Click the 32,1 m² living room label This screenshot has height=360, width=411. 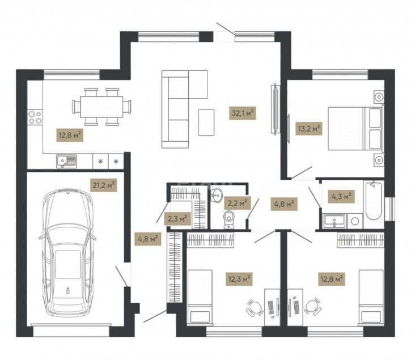click(243, 113)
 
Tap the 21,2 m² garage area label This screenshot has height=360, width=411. click(103, 185)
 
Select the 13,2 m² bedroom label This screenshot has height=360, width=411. click(309, 129)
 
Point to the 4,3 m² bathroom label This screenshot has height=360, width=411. click(341, 197)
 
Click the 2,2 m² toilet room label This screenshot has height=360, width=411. click(237, 203)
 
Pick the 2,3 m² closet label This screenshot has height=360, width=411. click(177, 219)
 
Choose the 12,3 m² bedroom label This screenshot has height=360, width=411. click(239, 279)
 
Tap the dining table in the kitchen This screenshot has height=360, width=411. click(101, 107)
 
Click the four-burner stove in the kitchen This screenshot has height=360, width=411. click(35, 117)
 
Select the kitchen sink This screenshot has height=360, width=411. click(66, 161)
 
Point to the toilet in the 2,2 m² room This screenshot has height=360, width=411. click(229, 220)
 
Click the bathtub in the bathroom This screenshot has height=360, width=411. click(374, 200)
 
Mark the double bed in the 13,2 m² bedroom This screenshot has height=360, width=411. click(355, 129)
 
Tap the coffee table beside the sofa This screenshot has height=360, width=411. click(206, 122)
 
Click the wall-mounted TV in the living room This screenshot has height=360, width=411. click(275, 109)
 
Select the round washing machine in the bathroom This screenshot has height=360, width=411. click(355, 221)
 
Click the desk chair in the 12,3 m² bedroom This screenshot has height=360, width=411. click(255, 307)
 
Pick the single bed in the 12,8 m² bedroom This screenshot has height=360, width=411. click(371, 298)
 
